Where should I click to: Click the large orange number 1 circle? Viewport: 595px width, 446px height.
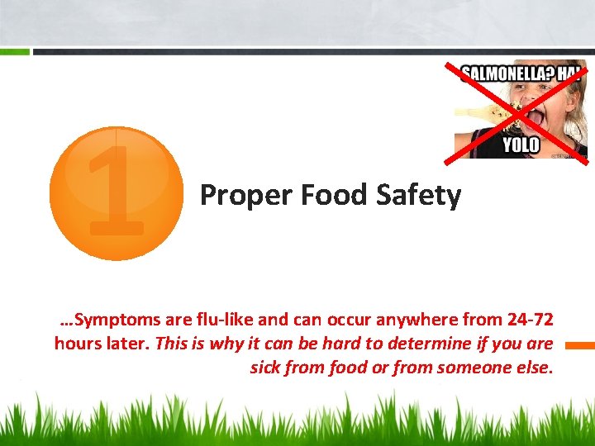tap(116, 193)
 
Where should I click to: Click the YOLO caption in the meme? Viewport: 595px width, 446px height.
tap(521, 146)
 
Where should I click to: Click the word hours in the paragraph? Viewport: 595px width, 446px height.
tap(77, 343)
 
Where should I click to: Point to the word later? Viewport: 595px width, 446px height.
tap(127, 343)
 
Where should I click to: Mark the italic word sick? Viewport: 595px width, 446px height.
tap(265, 367)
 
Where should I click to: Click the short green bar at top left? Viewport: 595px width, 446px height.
tap(15, 52)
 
